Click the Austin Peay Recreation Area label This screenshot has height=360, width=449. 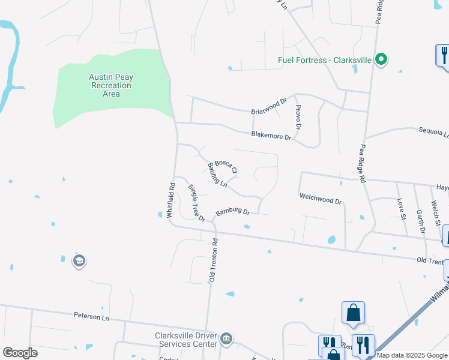click(111, 85)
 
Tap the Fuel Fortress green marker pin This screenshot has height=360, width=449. click(380, 59)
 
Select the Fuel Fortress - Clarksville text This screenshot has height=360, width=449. click(324, 60)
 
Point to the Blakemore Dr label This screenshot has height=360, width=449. click(271, 136)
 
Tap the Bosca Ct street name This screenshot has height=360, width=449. click(226, 166)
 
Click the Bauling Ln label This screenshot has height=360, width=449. click(217, 175)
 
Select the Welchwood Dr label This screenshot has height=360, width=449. click(320, 199)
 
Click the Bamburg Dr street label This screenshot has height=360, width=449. click(232, 211)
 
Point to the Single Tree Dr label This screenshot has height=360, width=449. click(197, 203)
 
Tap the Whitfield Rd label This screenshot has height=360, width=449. click(171, 196)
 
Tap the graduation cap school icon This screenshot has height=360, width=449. click(79, 261)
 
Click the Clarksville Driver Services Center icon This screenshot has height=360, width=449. click(226, 340)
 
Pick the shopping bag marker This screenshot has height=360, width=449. click(353, 313)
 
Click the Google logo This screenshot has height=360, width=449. click(20, 353)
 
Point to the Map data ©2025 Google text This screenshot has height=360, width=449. click(412, 355)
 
